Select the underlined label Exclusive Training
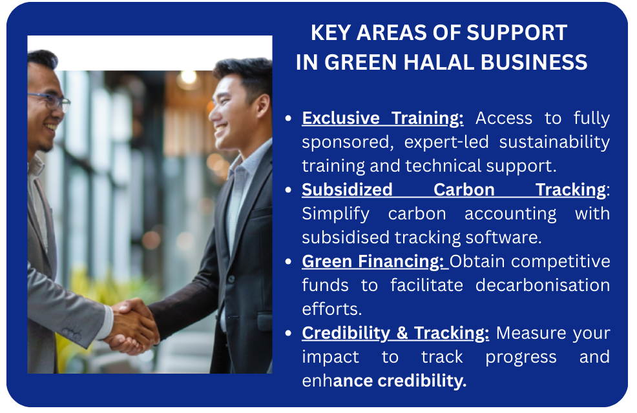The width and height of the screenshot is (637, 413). (x=382, y=118)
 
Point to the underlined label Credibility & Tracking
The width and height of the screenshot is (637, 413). (x=395, y=333)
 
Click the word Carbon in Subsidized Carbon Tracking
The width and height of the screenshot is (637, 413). (x=464, y=190)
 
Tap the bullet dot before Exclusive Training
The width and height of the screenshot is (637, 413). (x=288, y=119)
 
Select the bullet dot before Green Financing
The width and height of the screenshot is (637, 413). (x=288, y=262)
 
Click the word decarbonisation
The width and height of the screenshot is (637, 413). (x=543, y=285)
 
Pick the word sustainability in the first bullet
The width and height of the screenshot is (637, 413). (x=554, y=143)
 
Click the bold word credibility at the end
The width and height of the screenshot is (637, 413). (x=422, y=381)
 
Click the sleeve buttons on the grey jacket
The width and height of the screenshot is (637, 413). (x=71, y=334)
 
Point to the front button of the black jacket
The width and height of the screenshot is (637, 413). (x=231, y=279)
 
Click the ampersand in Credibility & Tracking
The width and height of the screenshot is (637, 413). (x=402, y=333)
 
